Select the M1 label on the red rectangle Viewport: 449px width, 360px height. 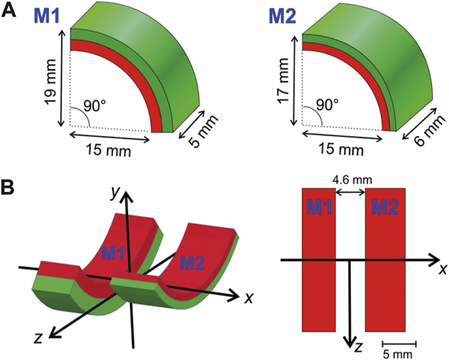pyautogui.click(x=318, y=207)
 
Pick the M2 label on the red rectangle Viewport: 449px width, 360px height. pyautogui.click(x=385, y=207)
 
